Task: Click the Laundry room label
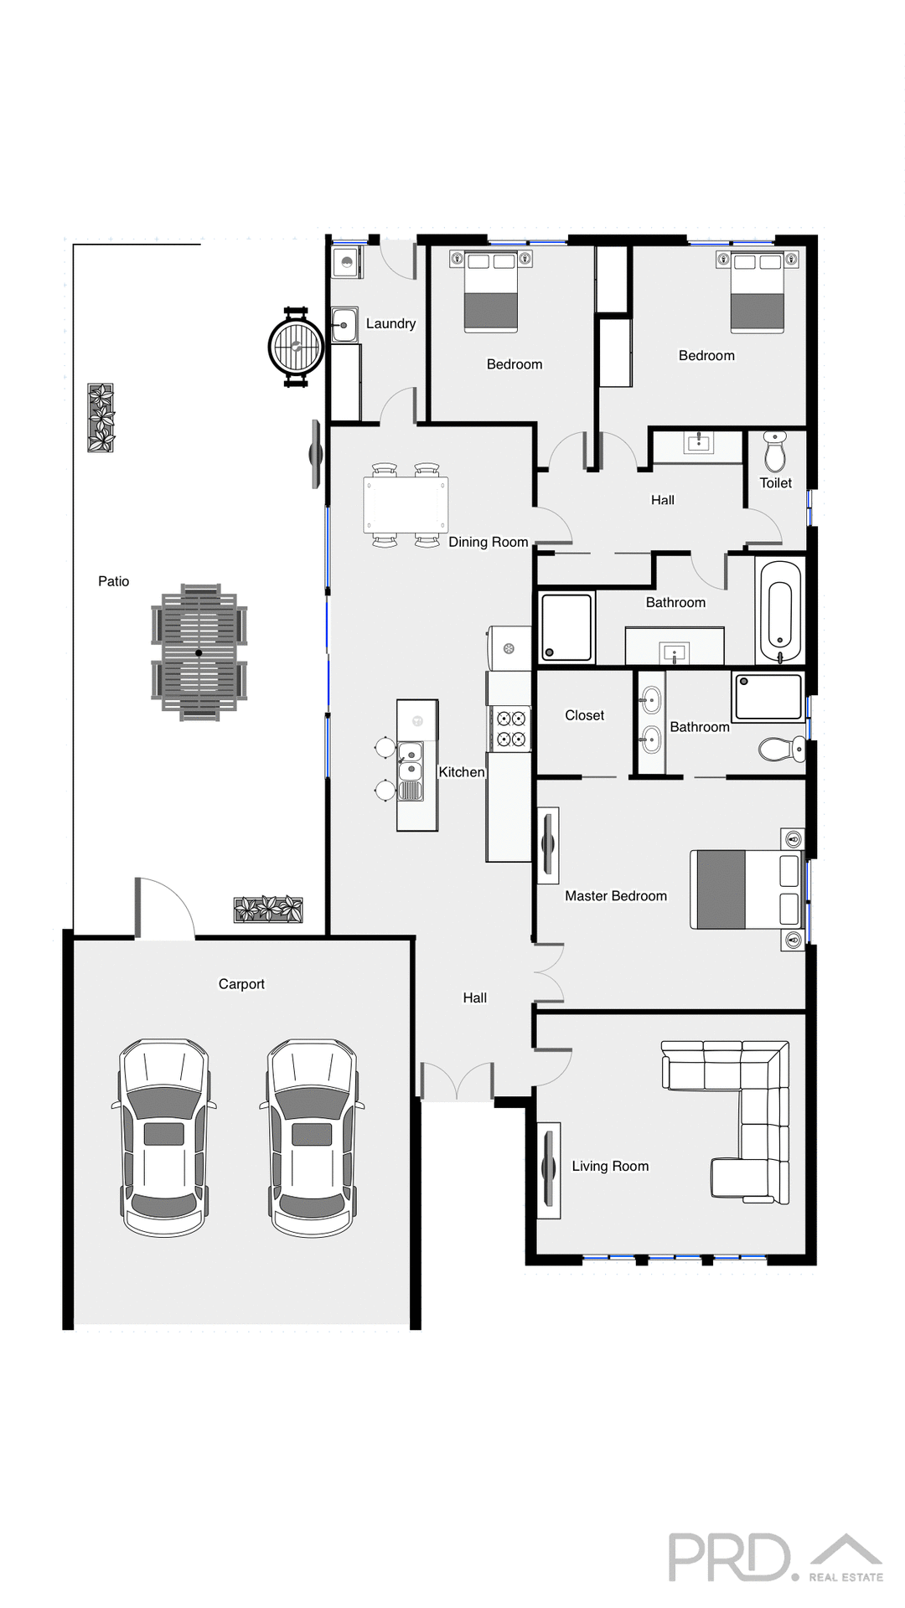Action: [390, 323]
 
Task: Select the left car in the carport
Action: [164, 1136]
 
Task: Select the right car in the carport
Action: [313, 1136]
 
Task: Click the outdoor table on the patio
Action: [199, 652]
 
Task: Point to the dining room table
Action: [406, 505]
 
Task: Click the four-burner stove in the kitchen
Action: [510, 729]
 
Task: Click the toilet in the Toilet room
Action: [775, 453]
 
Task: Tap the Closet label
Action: [584, 715]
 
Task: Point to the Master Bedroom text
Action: [616, 896]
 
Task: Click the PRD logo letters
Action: [729, 1557]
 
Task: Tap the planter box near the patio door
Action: [267, 909]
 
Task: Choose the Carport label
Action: [241, 984]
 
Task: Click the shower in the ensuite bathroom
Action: [768, 697]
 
